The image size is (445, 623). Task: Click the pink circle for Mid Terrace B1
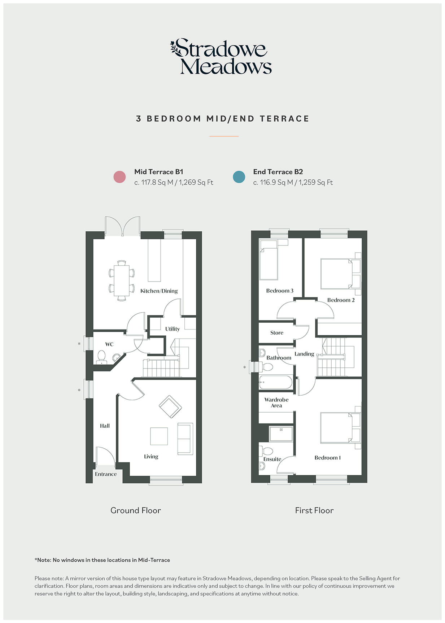click(119, 177)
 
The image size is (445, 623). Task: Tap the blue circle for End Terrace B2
click(239, 177)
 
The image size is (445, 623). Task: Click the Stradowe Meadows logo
click(221, 57)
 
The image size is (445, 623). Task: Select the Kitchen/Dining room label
click(159, 291)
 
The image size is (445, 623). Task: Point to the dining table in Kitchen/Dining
click(122, 280)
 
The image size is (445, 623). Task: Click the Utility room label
click(173, 329)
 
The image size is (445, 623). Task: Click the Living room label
click(151, 457)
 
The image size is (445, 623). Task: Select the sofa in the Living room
click(185, 439)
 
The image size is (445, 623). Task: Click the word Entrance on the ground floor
click(106, 474)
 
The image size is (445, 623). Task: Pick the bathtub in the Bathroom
click(276, 382)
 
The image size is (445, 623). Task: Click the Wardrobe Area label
click(276, 402)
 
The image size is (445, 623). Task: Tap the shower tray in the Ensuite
click(281, 434)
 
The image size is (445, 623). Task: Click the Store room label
click(277, 333)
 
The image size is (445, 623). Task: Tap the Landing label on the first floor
click(304, 354)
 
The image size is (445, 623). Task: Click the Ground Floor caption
click(136, 510)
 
